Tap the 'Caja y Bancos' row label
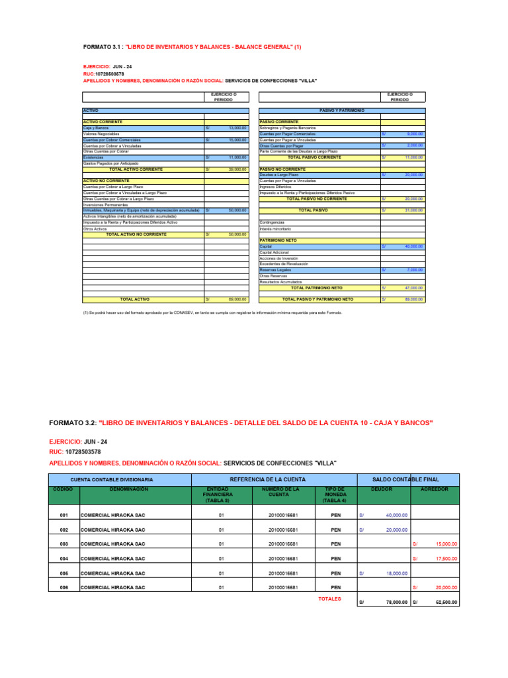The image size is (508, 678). point(96,128)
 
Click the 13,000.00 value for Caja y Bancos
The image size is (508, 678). point(237,128)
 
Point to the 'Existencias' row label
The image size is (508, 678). point(93,158)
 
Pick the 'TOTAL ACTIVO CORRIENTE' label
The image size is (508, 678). point(142,169)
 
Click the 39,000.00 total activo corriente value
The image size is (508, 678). point(237,169)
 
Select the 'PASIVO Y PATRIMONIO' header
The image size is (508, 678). point(342,111)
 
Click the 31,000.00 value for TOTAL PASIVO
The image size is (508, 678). point(414,211)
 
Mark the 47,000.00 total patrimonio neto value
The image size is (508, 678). point(414,288)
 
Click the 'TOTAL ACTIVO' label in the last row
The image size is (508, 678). point(134,299)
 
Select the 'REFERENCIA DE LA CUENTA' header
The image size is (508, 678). point(273,479)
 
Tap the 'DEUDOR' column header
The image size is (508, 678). point(382,489)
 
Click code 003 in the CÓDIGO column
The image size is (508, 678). point(64,544)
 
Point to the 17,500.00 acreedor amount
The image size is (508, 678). point(446,558)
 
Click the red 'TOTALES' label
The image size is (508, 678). point(329,599)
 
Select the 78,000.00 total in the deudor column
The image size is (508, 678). point(395,603)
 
